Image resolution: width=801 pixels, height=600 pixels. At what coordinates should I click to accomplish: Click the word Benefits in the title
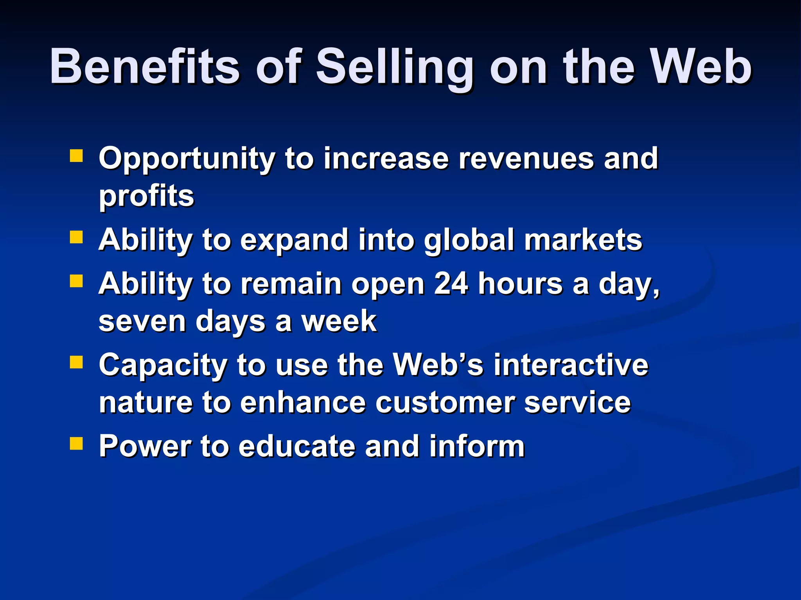pos(145,66)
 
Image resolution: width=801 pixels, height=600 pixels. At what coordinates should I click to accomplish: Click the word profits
pos(146,196)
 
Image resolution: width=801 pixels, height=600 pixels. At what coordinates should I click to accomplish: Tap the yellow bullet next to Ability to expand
pos(76,237)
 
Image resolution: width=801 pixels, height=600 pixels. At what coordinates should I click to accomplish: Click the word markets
pos(583,240)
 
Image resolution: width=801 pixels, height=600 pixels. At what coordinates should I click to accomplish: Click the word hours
pos(520,283)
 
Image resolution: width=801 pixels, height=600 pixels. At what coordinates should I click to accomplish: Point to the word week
pos(339,321)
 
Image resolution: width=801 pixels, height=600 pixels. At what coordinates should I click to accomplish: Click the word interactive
pos(571,365)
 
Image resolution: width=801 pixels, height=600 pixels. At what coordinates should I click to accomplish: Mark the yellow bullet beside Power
pos(76,443)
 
